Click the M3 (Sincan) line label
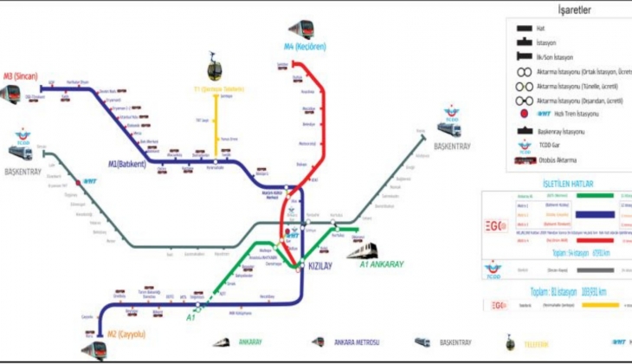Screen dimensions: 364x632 click(23, 75)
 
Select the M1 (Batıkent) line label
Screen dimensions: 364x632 click(126, 164)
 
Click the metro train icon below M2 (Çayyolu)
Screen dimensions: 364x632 click(94, 349)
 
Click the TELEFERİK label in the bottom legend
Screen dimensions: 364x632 click(537, 343)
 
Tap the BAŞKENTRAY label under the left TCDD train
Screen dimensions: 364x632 click(23, 171)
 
